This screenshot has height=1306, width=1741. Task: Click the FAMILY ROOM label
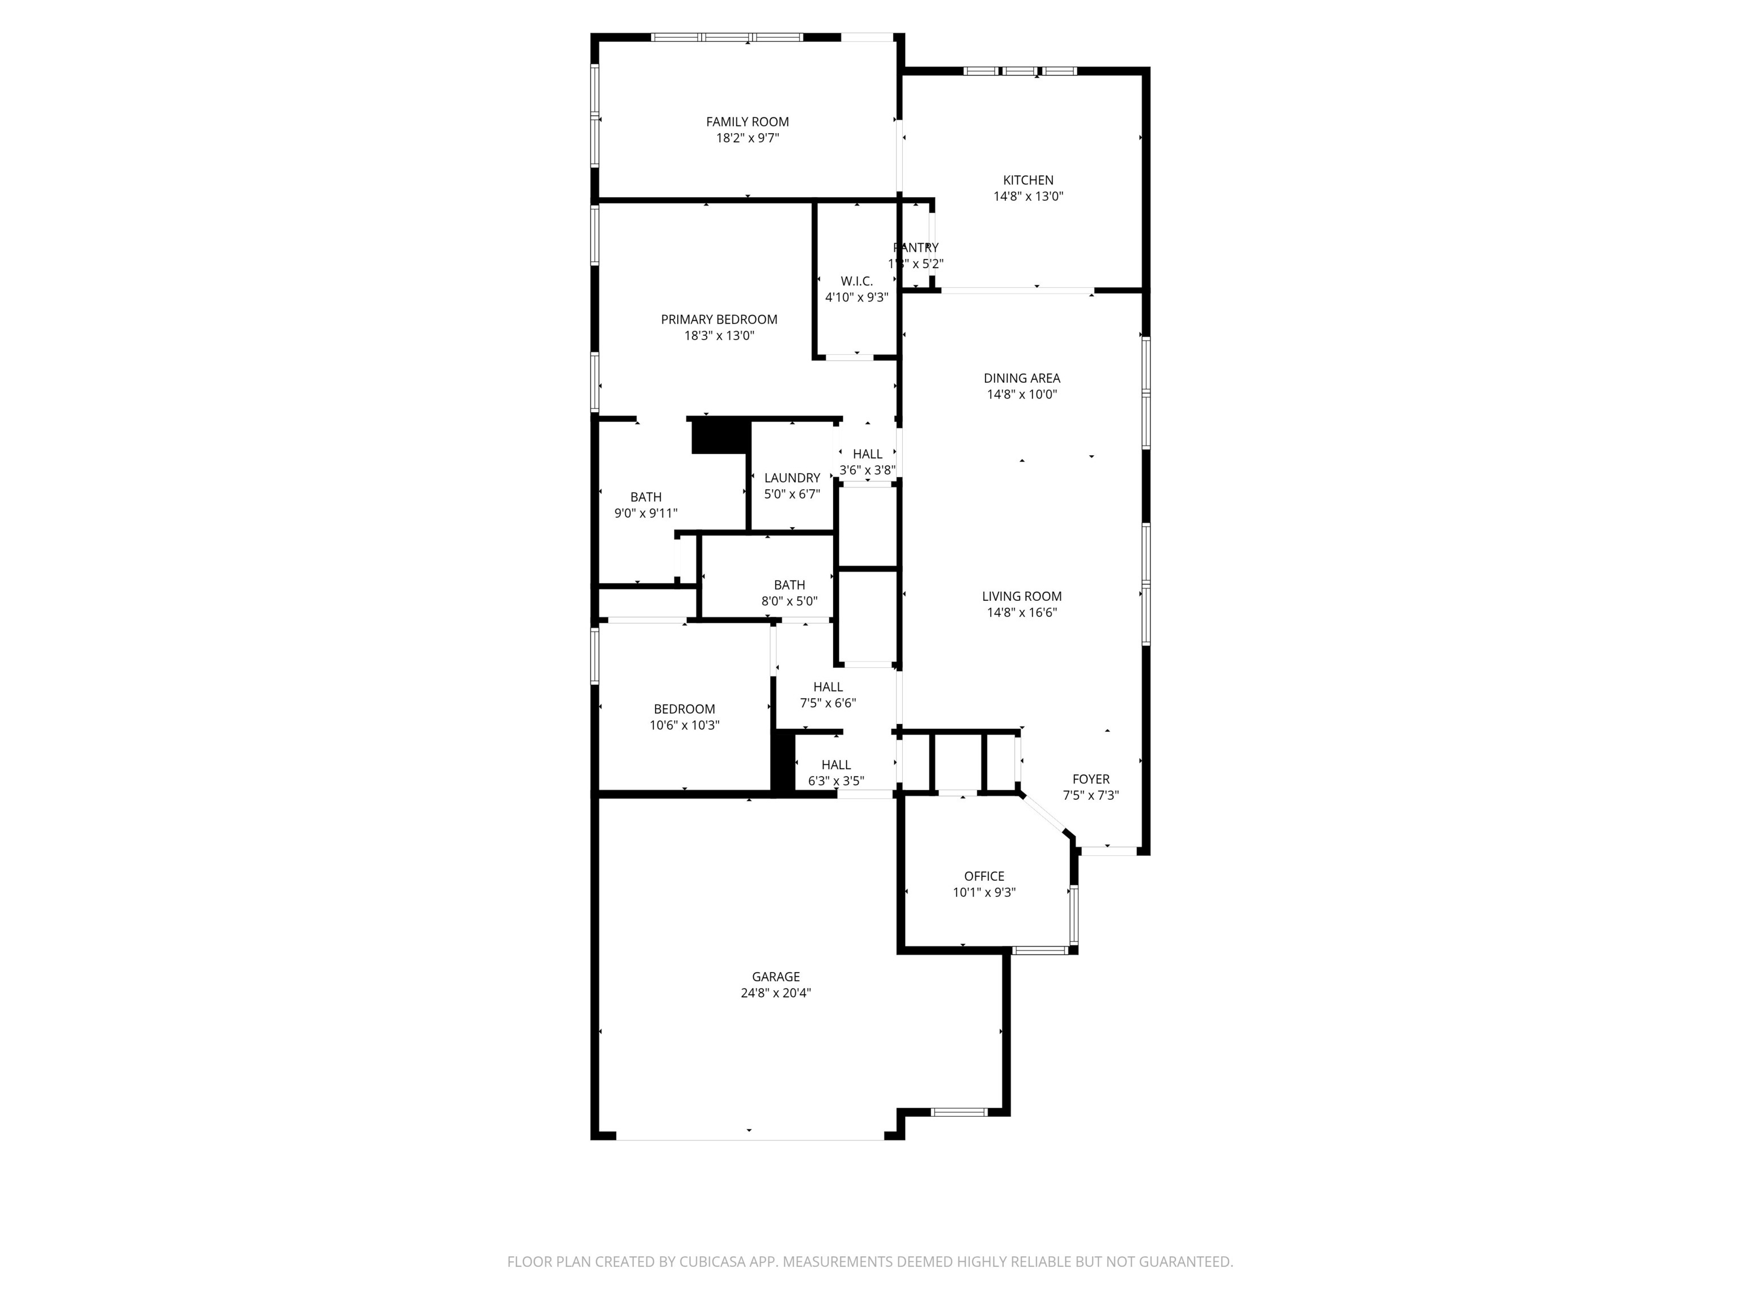tap(747, 122)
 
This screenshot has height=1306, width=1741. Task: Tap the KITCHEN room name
tap(1028, 180)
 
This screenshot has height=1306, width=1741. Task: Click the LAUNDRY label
tap(792, 478)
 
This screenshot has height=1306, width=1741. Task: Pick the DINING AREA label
tap(1022, 379)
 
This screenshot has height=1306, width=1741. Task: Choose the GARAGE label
tap(775, 977)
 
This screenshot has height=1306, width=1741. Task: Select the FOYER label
tap(1091, 779)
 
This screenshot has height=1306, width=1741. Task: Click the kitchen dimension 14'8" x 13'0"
tap(1028, 197)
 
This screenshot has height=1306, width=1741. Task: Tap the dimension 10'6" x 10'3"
tap(684, 726)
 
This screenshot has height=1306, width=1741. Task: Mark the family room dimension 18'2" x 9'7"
tap(747, 138)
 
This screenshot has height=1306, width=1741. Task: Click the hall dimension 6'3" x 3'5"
tap(836, 782)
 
